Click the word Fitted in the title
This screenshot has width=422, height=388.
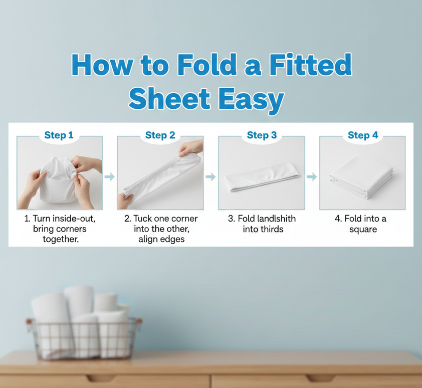pyautogui.click(x=310, y=65)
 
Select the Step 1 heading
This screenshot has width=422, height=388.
pyautogui.click(x=59, y=135)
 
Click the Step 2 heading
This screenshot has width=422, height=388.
pyautogui.click(x=160, y=135)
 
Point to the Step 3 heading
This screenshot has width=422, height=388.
pyautogui.click(x=262, y=135)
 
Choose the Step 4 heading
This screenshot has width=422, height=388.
pyautogui.click(x=363, y=135)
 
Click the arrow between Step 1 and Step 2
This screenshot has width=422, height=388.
pyautogui.click(x=110, y=177)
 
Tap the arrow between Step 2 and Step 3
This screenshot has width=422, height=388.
pyautogui.click(x=210, y=177)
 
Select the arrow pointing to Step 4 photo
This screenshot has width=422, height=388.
pyautogui.click(x=312, y=177)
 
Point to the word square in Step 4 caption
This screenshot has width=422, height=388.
pyautogui.click(x=363, y=230)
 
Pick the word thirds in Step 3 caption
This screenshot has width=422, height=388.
pyautogui.click(x=271, y=229)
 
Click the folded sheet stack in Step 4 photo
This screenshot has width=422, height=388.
pyautogui.click(x=361, y=176)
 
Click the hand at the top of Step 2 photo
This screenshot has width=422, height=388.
pyautogui.click(x=190, y=148)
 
